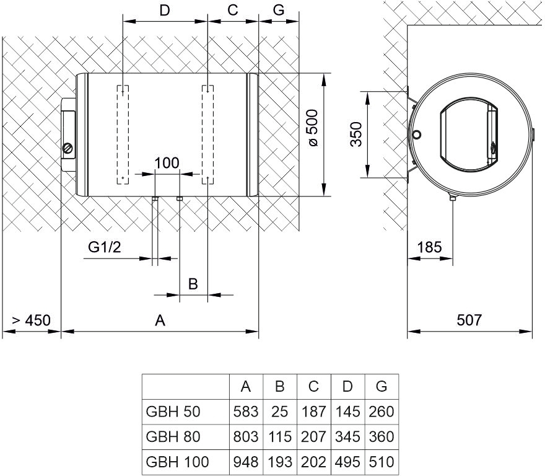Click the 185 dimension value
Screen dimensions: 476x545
tap(430, 247)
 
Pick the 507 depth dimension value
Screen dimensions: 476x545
tap(469, 320)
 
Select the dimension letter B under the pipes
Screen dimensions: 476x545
tap(193, 284)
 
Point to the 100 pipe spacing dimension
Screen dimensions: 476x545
tap(167, 163)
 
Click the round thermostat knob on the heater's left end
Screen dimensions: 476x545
tap(68, 148)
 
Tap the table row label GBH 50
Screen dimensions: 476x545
tap(173, 412)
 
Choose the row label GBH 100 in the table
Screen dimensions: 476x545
tap(177, 462)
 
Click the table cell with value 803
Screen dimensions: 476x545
tap(246, 437)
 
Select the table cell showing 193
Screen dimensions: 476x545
tap(279, 462)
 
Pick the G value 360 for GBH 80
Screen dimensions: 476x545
tap(381, 437)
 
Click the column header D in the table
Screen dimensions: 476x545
tap(347, 387)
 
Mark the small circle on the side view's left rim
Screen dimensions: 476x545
tap(417, 134)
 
